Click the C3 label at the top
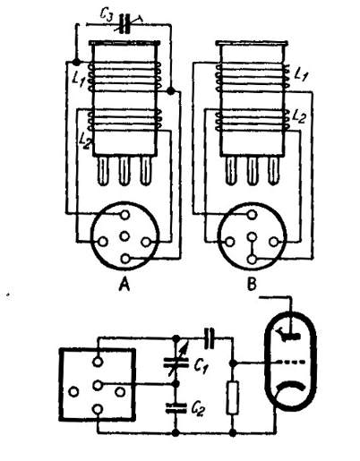tap(107, 15)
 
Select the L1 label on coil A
tap(79, 80)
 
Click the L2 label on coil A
tap(85, 141)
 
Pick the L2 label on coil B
tap(299, 116)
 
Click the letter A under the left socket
tap(124, 285)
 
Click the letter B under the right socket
tap(252, 284)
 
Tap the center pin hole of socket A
tap(124, 236)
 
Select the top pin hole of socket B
tap(253, 214)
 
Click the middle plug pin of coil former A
tap(124, 171)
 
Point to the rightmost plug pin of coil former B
tap(273, 170)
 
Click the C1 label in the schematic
tap(201, 365)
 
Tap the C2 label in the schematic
tap(198, 409)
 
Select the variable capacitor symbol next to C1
tap(176, 361)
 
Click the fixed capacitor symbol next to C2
tap(176, 408)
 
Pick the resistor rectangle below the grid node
tap(233, 397)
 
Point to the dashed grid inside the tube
tap(291, 363)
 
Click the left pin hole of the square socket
tap(73, 391)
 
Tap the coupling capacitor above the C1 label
tap(210, 337)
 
